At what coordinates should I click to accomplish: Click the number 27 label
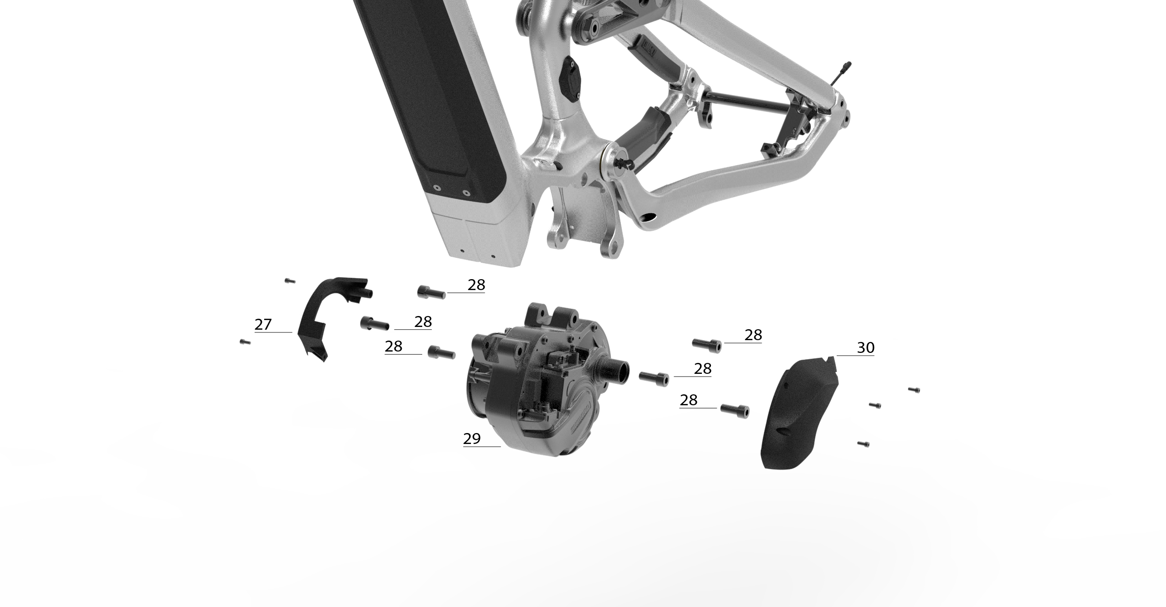pyautogui.click(x=263, y=325)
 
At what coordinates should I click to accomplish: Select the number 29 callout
pyautogui.click(x=472, y=439)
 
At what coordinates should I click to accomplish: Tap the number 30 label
pyautogui.click(x=866, y=348)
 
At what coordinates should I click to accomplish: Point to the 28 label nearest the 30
pyautogui.click(x=753, y=335)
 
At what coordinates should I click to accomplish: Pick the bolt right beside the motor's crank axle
pyautogui.click(x=654, y=379)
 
